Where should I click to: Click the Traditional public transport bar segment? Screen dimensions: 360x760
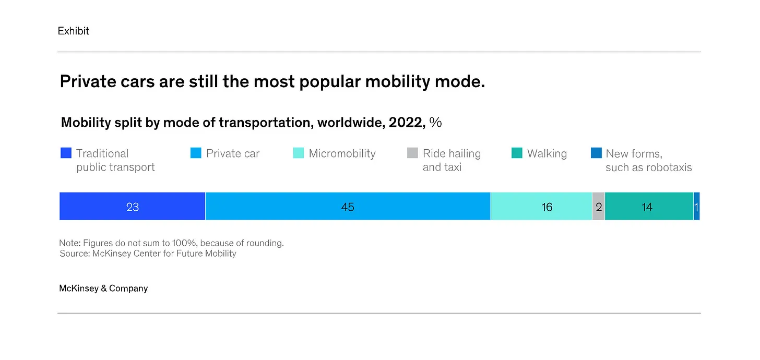pyautogui.click(x=132, y=207)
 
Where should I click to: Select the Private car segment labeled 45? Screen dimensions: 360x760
pyautogui.click(x=348, y=207)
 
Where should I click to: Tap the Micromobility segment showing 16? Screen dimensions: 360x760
pyautogui.click(x=541, y=207)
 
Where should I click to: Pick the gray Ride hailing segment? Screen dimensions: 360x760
pyautogui.click(x=598, y=207)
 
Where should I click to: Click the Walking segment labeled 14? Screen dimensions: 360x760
pyautogui.click(x=649, y=207)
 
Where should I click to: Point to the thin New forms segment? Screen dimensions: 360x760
pyautogui.click(x=696, y=207)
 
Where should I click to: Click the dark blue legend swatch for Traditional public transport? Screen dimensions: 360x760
pyautogui.click(x=66, y=153)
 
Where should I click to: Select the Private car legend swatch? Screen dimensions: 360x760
pyautogui.click(x=196, y=153)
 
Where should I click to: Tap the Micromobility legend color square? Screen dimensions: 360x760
pyautogui.click(x=299, y=153)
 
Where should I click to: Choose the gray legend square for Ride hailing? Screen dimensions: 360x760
pyautogui.click(x=412, y=153)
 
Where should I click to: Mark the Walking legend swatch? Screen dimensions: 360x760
pyautogui.click(x=517, y=153)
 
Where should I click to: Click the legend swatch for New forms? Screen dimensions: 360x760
pyautogui.click(x=596, y=153)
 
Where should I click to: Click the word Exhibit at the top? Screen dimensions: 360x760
pyautogui.click(x=73, y=31)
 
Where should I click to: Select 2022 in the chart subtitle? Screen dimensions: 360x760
pyautogui.click(x=405, y=123)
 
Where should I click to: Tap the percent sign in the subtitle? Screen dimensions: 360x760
pyautogui.click(x=435, y=123)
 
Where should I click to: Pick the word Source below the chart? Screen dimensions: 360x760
pyautogui.click(x=74, y=254)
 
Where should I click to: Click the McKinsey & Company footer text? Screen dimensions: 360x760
pyautogui.click(x=103, y=289)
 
